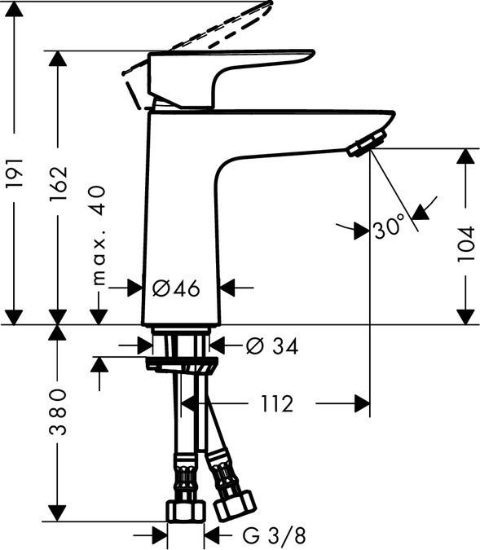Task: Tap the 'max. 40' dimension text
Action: [x=99, y=235]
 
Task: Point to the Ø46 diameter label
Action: [x=176, y=288]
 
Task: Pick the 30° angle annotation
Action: [x=390, y=229]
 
